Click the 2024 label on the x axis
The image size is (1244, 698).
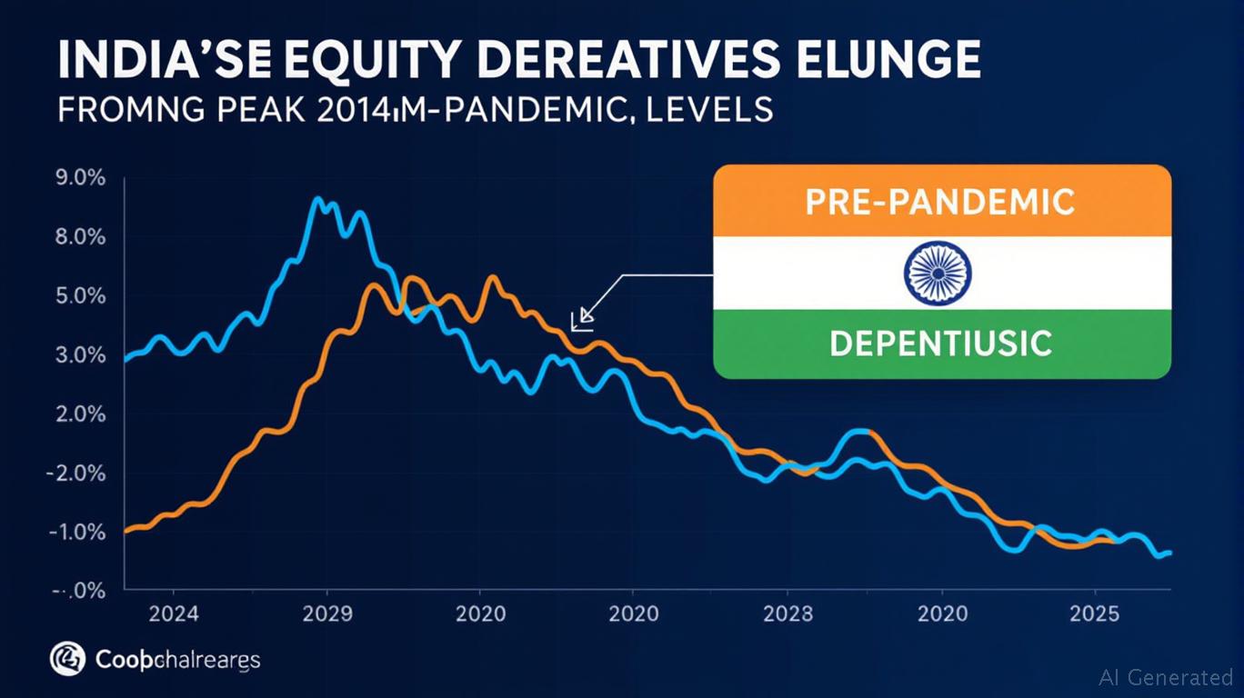[x=174, y=613]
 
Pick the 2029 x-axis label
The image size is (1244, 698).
[x=326, y=613]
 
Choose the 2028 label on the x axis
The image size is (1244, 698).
[x=788, y=613]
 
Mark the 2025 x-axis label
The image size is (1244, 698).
[x=1095, y=613]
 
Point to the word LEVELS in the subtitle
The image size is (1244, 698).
[x=705, y=110]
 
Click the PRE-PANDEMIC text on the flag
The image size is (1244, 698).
[x=940, y=201]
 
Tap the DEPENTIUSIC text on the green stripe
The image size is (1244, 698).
[x=940, y=343]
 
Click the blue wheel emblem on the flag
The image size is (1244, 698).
[x=938, y=272]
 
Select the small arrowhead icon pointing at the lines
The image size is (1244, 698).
[x=582, y=319]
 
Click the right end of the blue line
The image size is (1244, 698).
[x=1169, y=553]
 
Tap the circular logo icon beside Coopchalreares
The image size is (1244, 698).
[x=67, y=658]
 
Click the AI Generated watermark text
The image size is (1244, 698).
[x=1166, y=677]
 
